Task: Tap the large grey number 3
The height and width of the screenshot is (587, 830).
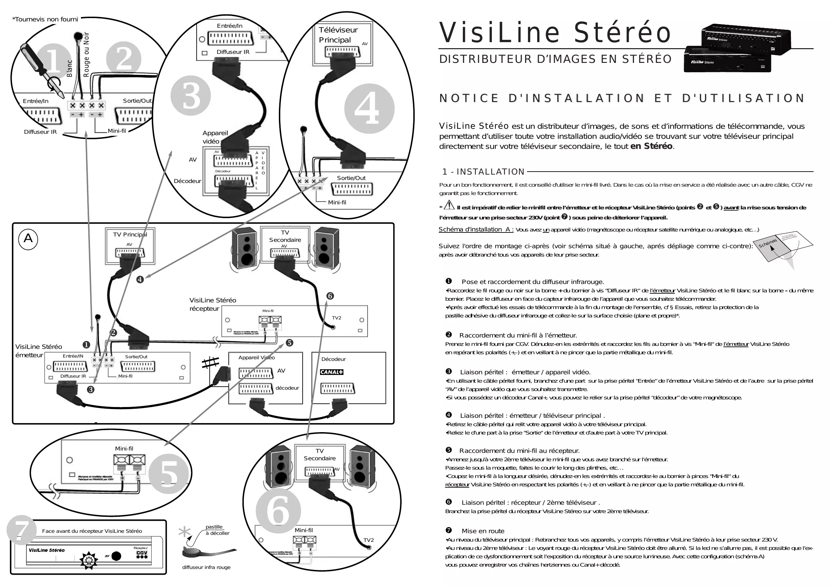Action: tap(191, 96)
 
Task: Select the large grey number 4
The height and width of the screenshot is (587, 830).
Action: tap(369, 108)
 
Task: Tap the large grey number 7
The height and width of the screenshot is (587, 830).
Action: tap(21, 530)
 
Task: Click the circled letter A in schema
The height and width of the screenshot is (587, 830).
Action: tap(28, 239)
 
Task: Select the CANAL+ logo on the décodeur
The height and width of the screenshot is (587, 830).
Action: tap(331, 372)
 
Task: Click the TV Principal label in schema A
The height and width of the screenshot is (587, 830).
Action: tap(130, 234)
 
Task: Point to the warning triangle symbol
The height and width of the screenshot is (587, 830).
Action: tap(449, 205)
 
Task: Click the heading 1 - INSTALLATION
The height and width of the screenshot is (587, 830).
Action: tap(483, 172)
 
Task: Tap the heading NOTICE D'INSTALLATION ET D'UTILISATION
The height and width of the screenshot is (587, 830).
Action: tap(622, 98)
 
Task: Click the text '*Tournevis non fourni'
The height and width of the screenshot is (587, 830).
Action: tap(45, 19)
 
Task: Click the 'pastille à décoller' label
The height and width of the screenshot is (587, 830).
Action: tap(217, 530)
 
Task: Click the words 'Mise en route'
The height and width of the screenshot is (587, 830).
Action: tap(483, 531)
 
